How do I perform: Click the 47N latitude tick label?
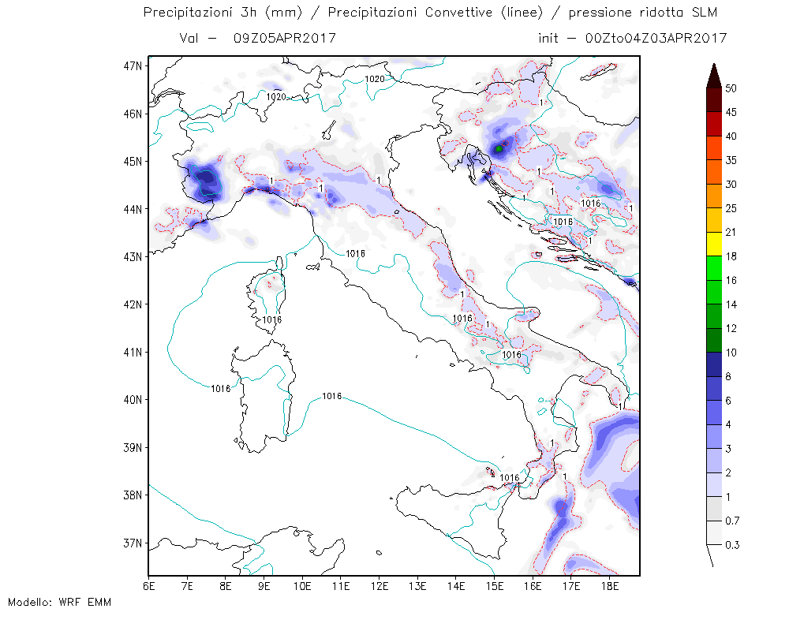coord(133,66)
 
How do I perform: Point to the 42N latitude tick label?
coord(133,304)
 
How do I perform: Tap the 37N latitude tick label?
coord(133,543)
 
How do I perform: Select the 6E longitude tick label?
coord(149,587)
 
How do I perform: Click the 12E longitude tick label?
coord(380,587)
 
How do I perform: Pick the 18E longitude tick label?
coord(610,587)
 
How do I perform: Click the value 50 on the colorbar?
coord(731,88)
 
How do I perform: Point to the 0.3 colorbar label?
coord(732,545)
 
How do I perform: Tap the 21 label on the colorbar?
coord(731,233)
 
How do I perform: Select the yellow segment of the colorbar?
coord(714,244)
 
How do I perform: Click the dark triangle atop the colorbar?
coord(714,77)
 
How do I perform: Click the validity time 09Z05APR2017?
coord(284,38)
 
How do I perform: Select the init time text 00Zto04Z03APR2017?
coord(656,38)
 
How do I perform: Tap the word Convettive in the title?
coord(458,13)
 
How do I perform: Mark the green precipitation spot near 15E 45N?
coord(499,149)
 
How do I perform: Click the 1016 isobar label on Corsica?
coord(271,320)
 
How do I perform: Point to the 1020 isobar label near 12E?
coord(374,79)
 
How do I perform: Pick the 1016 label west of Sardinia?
coord(220,389)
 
